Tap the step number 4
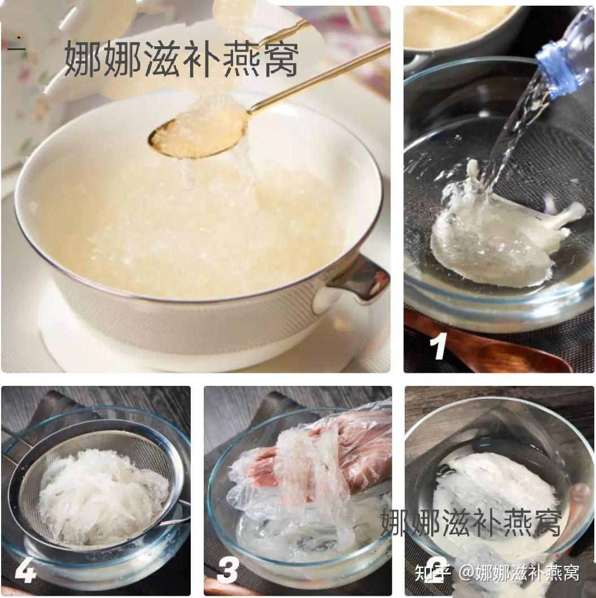(x=25, y=571)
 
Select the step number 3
(x=227, y=571)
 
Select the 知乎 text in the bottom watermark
(x=432, y=573)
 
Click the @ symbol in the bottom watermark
(x=465, y=573)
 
